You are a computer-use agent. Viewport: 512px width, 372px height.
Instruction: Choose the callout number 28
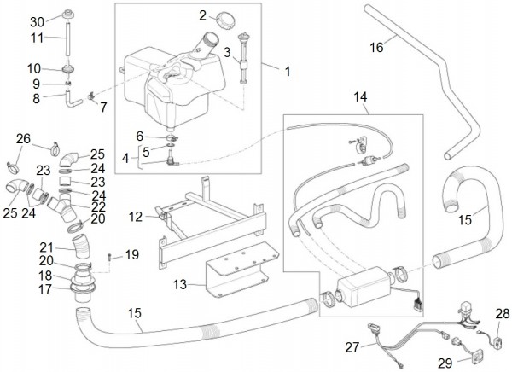(502, 314)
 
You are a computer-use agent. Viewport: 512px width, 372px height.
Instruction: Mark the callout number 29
(444, 362)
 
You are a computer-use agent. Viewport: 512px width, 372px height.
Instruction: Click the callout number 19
(132, 254)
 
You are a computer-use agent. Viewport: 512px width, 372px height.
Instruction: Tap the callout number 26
(23, 138)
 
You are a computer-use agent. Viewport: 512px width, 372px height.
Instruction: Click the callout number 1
(287, 73)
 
